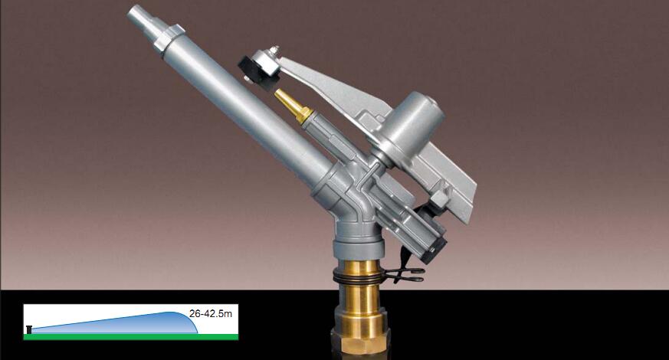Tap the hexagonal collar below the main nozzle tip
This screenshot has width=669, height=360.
[168, 37]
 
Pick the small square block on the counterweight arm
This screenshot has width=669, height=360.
[439, 198]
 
